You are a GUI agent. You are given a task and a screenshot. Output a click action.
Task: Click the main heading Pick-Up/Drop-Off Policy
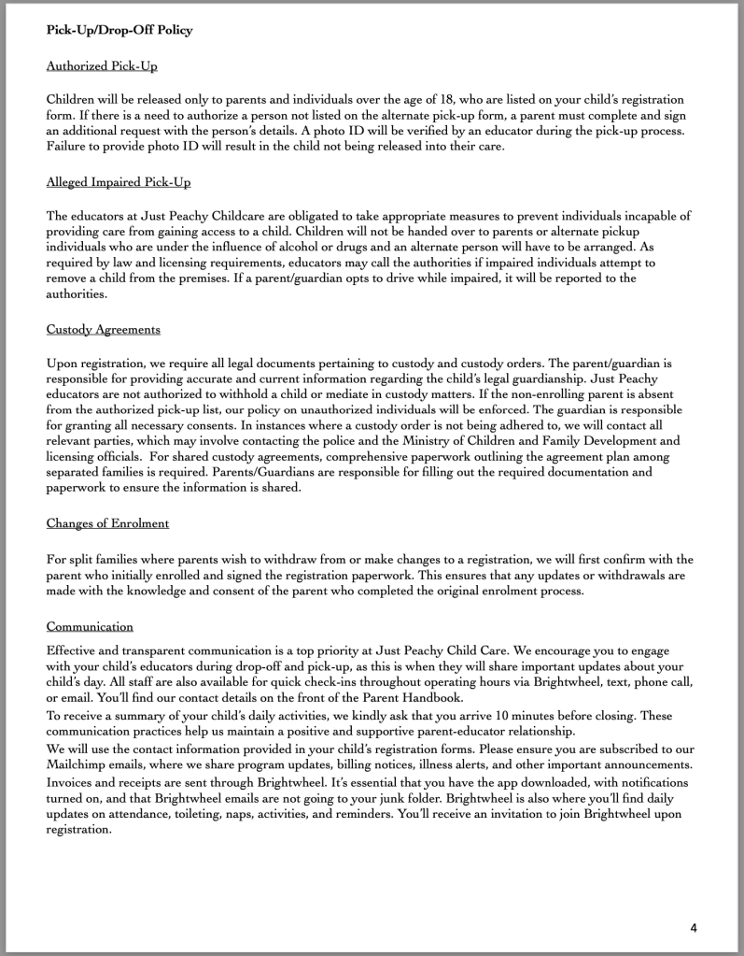[119, 30]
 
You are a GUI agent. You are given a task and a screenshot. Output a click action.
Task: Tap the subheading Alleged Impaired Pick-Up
[119, 181]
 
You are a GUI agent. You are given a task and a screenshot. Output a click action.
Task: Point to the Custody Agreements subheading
[104, 329]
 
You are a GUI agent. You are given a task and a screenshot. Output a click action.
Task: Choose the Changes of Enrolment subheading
[107, 522]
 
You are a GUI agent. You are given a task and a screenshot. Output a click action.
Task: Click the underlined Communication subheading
[90, 626]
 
